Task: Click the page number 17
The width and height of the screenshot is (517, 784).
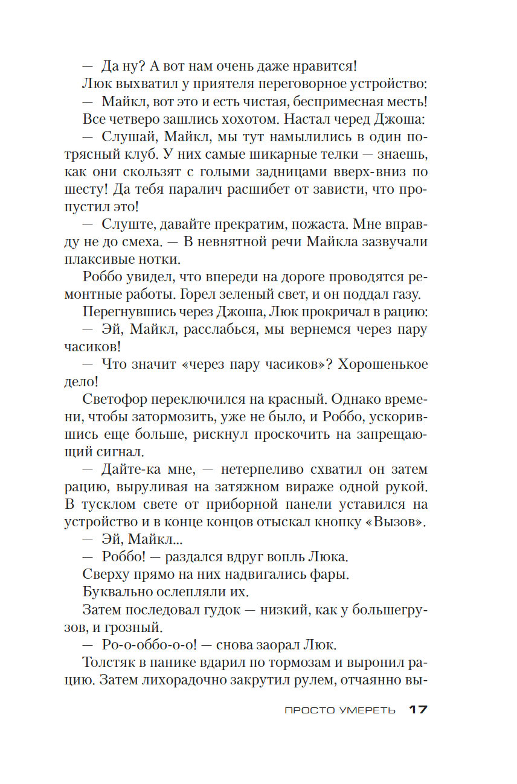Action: click(418, 710)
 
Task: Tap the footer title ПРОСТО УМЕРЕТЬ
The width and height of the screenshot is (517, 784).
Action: click(340, 711)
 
